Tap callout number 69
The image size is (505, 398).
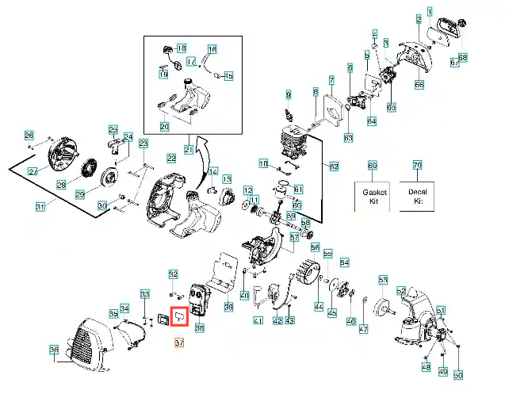372,165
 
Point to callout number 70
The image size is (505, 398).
417,165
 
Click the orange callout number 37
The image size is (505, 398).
178,343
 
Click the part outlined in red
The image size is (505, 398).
179,317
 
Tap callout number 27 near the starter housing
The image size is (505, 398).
33,171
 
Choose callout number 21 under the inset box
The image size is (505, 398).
189,148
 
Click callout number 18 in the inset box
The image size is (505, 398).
182,48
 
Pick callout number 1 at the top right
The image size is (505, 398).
430,12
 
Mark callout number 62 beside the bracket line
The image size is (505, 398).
334,166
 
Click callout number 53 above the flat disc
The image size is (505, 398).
383,280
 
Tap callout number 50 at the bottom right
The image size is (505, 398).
457,375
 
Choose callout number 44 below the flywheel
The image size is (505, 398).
319,306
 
